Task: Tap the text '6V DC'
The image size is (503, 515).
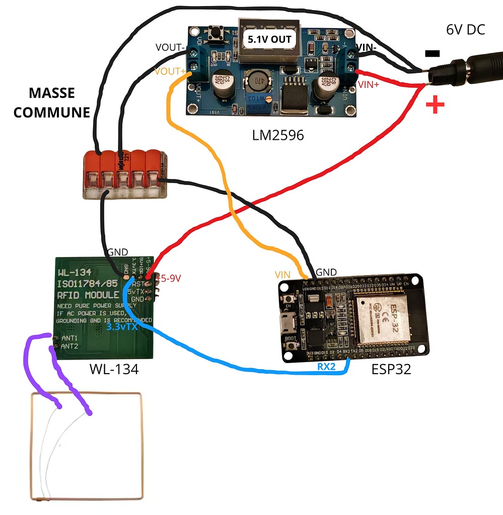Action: pos(465,30)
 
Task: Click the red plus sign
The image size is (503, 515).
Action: pos(436,105)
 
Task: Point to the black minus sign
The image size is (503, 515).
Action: pos(432,53)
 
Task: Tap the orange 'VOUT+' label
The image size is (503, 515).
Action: pos(170,71)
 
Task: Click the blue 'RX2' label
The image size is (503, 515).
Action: pos(326,367)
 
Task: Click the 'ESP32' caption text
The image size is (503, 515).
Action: pos(391,369)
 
